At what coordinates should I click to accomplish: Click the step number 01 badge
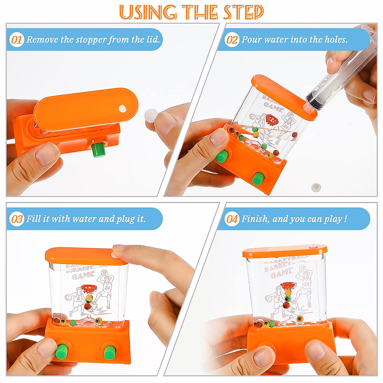pos(17,40)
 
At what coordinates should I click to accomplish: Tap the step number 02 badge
pos(232,40)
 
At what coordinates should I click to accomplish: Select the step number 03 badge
pos(17,219)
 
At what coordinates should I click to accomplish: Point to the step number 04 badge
pos(232,219)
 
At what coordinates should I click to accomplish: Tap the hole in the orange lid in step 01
pos(123,109)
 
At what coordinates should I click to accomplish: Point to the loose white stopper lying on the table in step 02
pos(316,187)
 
